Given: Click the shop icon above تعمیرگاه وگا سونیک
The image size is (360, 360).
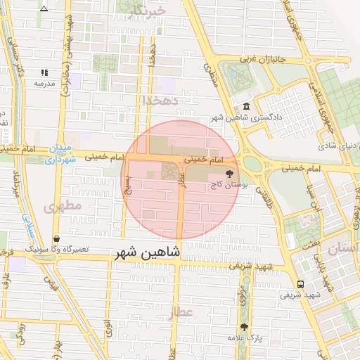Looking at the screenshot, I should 56,239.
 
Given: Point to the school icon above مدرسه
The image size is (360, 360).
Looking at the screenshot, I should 44,72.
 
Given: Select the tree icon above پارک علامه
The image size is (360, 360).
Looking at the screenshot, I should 244,327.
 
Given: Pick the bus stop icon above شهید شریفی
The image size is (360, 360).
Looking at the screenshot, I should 301,284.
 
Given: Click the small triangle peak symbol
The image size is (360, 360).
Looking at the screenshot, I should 44,9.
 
